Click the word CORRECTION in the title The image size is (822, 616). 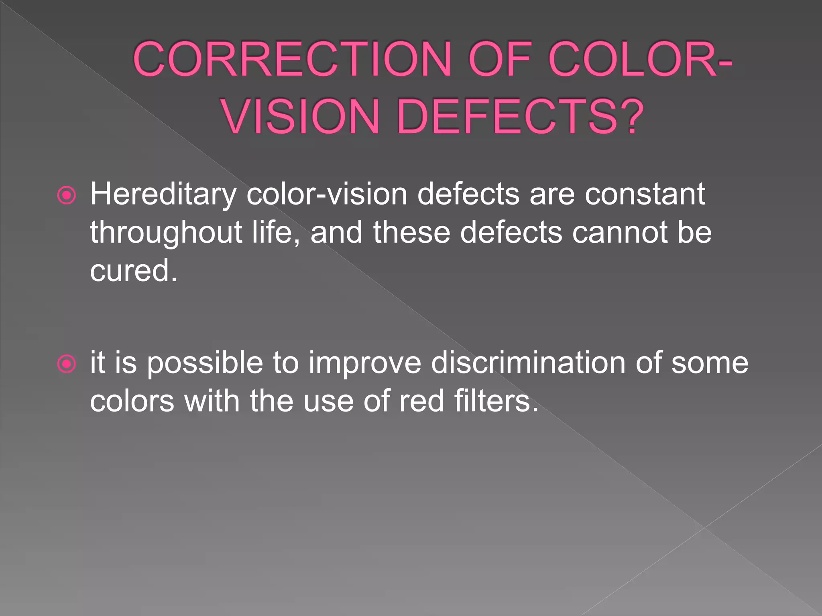pyautogui.click(x=292, y=59)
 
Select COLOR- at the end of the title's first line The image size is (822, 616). pyautogui.click(x=640, y=59)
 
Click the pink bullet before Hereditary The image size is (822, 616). pyautogui.click(x=67, y=196)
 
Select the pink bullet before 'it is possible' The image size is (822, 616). pyautogui.click(x=67, y=364)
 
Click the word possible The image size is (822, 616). pyautogui.click(x=204, y=363)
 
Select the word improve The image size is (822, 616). pyautogui.click(x=364, y=363)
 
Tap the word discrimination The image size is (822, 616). pyautogui.click(x=528, y=363)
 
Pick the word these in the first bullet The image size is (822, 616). pyautogui.click(x=411, y=233)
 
